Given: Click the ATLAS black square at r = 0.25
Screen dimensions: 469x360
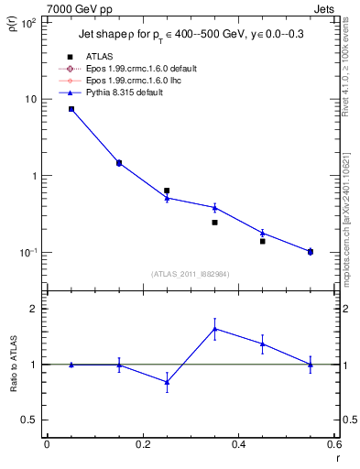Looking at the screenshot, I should [167, 191].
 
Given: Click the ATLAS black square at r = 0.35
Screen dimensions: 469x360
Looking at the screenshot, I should [214, 223].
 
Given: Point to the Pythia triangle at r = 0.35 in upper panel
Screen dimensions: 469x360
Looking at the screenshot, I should [214, 207].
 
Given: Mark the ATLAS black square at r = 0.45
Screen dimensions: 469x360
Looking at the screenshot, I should [262, 241].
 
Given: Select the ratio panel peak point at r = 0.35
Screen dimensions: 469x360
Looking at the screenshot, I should [214, 329].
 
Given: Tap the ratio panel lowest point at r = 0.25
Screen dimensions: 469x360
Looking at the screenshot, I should [167, 382].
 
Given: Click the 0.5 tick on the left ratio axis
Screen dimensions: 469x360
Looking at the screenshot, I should [33, 420].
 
